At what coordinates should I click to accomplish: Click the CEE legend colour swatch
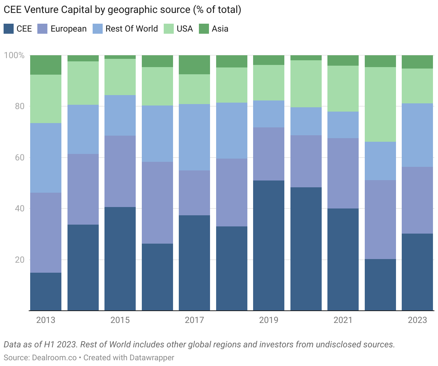tap(9, 29)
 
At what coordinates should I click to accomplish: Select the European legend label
tap(69, 29)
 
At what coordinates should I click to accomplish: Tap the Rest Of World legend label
tap(131, 29)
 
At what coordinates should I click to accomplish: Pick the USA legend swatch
tap(169, 29)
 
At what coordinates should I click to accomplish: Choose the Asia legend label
tap(220, 29)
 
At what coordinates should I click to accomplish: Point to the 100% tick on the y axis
tap(14, 55)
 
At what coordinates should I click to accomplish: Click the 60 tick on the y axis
tap(19, 158)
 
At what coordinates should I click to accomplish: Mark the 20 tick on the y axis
tap(19, 260)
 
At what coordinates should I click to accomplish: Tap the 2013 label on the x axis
tap(46, 320)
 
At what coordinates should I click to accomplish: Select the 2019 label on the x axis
tap(269, 320)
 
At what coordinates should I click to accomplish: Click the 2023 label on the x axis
tap(418, 320)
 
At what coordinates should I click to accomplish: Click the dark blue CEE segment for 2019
tap(269, 245)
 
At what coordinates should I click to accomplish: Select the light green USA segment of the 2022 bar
tap(380, 104)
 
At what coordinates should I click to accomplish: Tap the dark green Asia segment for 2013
tap(46, 65)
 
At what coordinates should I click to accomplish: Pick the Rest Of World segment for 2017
tap(195, 137)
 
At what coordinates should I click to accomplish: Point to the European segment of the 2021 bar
tap(343, 173)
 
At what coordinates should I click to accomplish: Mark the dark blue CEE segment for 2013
tap(46, 292)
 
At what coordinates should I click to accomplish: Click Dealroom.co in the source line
tap(54, 358)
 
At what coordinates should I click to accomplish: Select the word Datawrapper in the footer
tap(152, 358)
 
